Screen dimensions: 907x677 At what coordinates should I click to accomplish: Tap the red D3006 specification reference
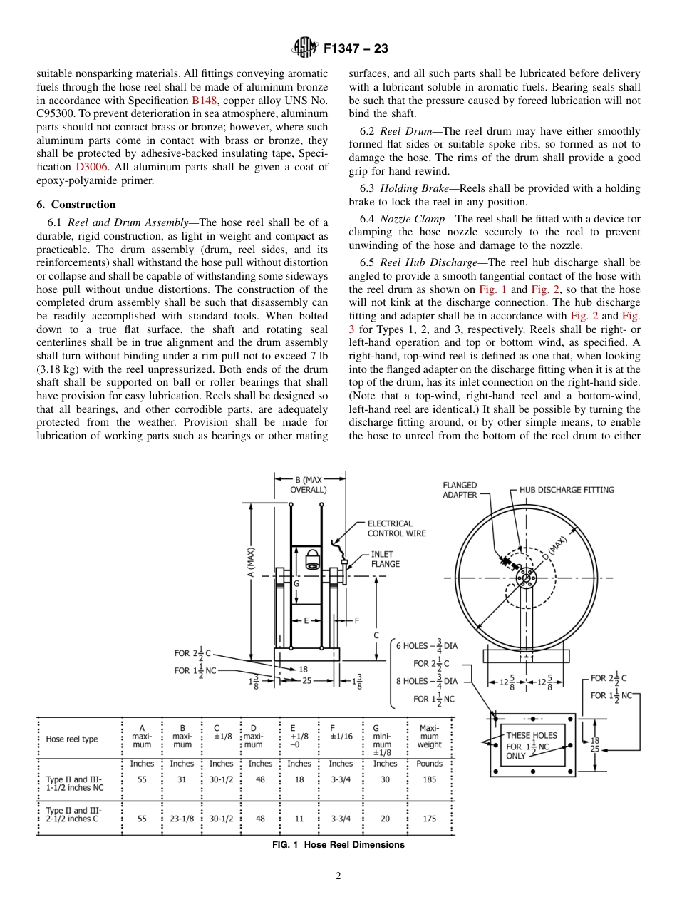click(91, 167)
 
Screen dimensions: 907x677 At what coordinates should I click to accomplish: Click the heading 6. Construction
click(76, 205)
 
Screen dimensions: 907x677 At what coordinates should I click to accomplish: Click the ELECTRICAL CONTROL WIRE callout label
click(396, 528)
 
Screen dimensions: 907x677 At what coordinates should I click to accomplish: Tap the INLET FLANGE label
click(386, 559)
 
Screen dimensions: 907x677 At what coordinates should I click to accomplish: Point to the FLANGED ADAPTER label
click(460, 490)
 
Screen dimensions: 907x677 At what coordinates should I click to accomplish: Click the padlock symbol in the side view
click(312, 559)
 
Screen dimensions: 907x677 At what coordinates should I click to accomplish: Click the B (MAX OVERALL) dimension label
click(309, 485)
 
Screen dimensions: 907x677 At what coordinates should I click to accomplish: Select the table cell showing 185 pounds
click(430, 779)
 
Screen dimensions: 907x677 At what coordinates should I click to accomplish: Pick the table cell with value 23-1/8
click(182, 819)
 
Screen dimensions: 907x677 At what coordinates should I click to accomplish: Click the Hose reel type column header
click(72, 739)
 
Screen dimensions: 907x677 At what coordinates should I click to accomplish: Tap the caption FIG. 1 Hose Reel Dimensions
click(338, 845)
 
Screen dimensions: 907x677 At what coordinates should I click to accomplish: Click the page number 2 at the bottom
click(338, 876)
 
